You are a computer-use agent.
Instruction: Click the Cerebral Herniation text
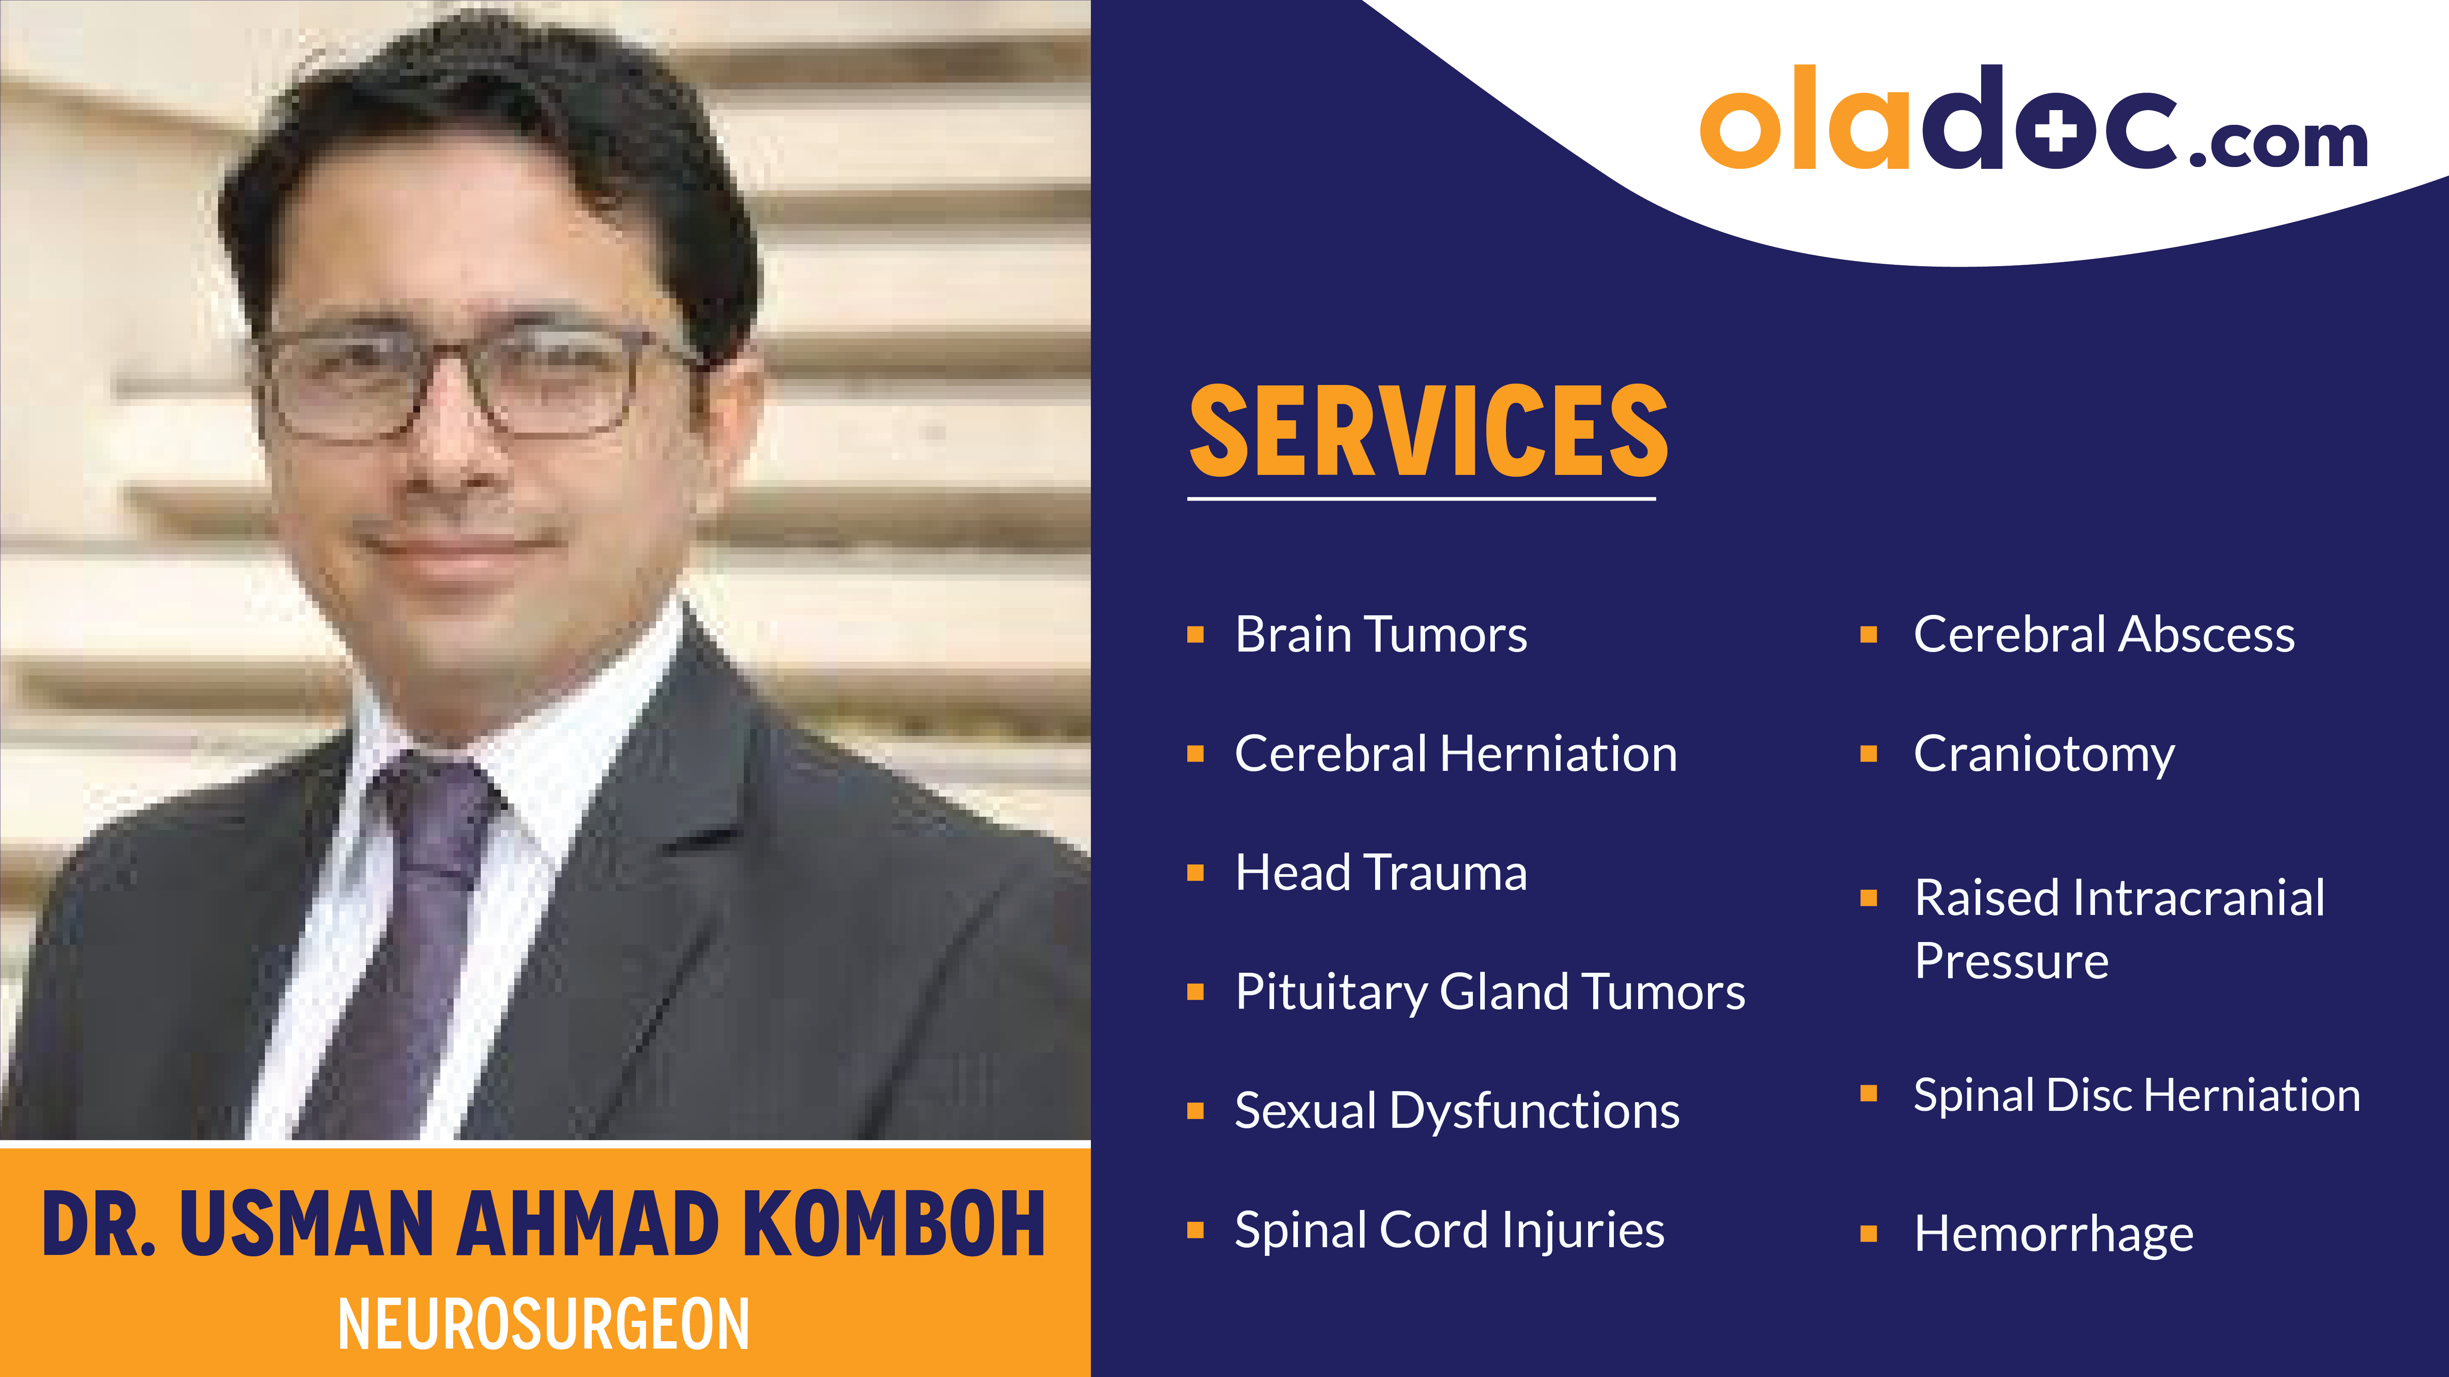(1455, 753)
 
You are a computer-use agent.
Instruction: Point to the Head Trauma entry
(1381, 872)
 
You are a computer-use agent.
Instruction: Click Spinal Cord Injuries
(1449, 1230)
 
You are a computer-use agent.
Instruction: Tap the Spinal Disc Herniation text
(2136, 1095)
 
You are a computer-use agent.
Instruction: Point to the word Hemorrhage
(2054, 1233)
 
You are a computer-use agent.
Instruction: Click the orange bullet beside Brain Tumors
(1196, 635)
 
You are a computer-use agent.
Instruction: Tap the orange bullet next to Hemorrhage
(1868, 1233)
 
